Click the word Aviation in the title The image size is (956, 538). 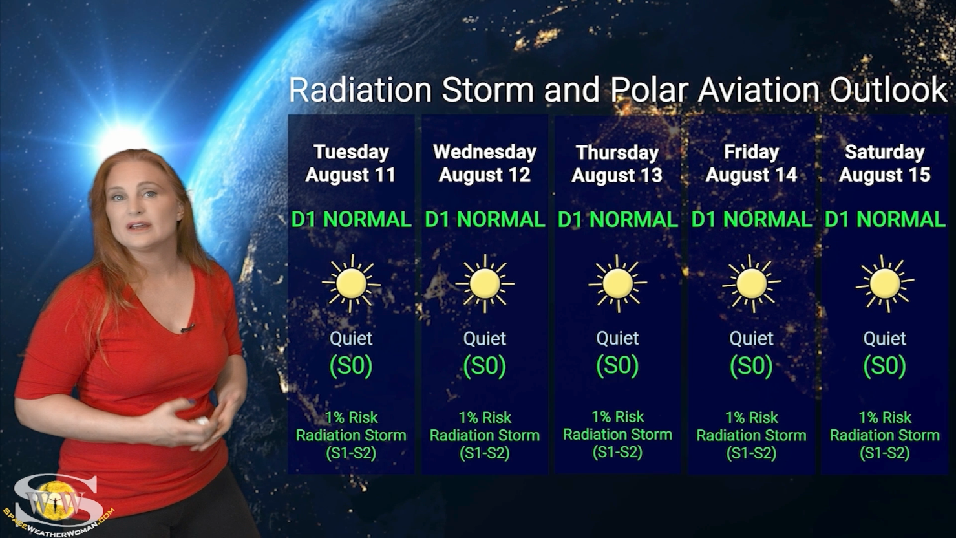click(758, 90)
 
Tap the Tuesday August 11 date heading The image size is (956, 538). click(351, 164)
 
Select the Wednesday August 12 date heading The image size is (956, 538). click(484, 164)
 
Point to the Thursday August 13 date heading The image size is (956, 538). click(617, 164)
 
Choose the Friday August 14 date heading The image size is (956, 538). click(751, 164)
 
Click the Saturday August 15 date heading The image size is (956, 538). click(884, 164)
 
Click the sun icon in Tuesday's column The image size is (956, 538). click(351, 283)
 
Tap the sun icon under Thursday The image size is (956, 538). click(617, 283)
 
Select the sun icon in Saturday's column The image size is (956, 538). click(885, 283)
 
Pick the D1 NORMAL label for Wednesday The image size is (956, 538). click(485, 220)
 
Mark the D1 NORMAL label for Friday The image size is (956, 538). click(752, 220)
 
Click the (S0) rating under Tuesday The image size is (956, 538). click(351, 366)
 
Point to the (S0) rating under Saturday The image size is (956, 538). click(884, 366)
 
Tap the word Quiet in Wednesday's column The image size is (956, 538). click(484, 339)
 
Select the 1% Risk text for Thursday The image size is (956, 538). click(617, 416)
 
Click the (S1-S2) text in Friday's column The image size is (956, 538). click(751, 453)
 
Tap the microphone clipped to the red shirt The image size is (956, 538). click(187, 328)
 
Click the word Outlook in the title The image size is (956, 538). click(888, 90)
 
